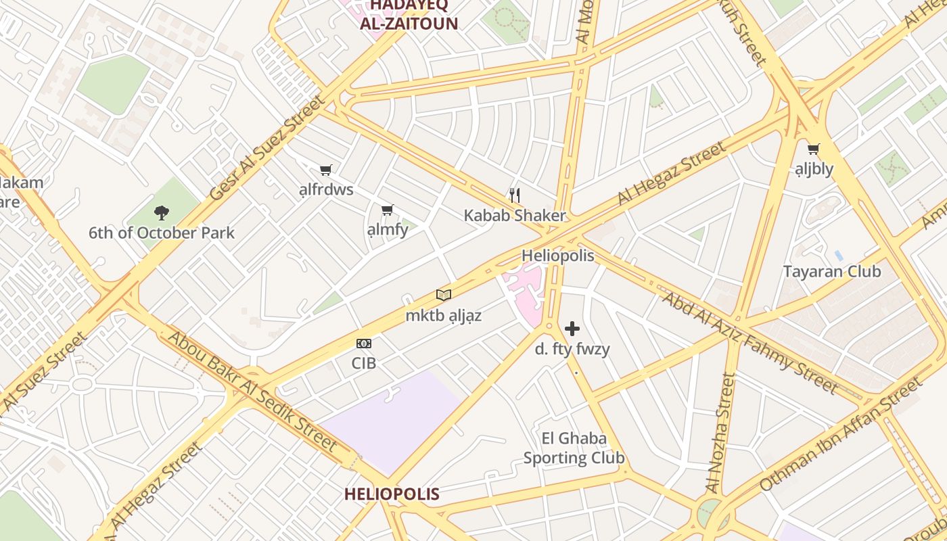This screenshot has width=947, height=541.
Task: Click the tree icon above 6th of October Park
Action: click(x=161, y=213)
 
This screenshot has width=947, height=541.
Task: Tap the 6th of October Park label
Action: click(x=162, y=233)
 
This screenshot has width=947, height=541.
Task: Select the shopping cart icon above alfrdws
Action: click(x=326, y=170)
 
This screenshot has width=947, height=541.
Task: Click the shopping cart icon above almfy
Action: click(x=387, y=210)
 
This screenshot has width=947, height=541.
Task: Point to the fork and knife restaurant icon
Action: click(x=515, y=195)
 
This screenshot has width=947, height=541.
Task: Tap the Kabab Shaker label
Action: click(x=515, y=216)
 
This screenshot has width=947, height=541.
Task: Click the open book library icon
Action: click(x=444, y=295)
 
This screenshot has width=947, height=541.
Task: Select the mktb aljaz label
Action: click(x=444, y=315)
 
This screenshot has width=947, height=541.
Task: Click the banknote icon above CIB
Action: click(x=364, y=344)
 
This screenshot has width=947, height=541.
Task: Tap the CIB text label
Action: click(x=364, y=363)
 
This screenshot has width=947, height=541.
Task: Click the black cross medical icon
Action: click(x=572, y=329)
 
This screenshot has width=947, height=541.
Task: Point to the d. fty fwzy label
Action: click(x=572, y=350)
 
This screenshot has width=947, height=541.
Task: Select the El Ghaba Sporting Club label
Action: click(x=574, y=448)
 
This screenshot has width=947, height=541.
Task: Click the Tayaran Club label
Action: click(x=832, y=272)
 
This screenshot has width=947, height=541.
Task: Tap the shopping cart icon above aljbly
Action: click(x=814, y=149)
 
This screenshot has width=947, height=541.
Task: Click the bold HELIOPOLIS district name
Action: click(x=392, y=494)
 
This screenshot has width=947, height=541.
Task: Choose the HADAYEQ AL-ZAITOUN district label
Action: click(x=409, y=15)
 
